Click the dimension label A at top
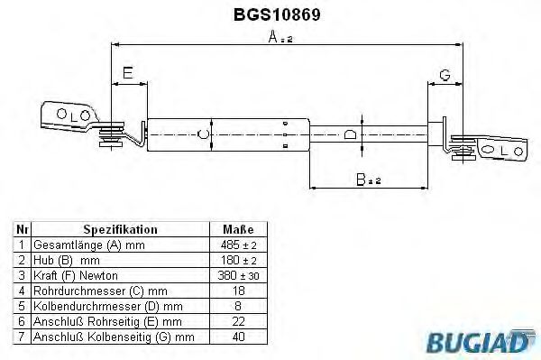[x=273, y=38]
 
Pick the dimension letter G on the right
[x=445, y=74]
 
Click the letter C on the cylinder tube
[x=204, y=135]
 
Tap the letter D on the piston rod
[x=351, y=135]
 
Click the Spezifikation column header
[x=120, y=229]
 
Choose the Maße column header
[x=237, y=229]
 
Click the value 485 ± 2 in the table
[x=237, y=245]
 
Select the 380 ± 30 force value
[x=237, y=274]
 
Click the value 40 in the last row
[x=237, y=337]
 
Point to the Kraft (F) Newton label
[x=76, y=274]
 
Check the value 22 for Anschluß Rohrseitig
[x=237, y=320]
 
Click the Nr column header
[x=22, y=229]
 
